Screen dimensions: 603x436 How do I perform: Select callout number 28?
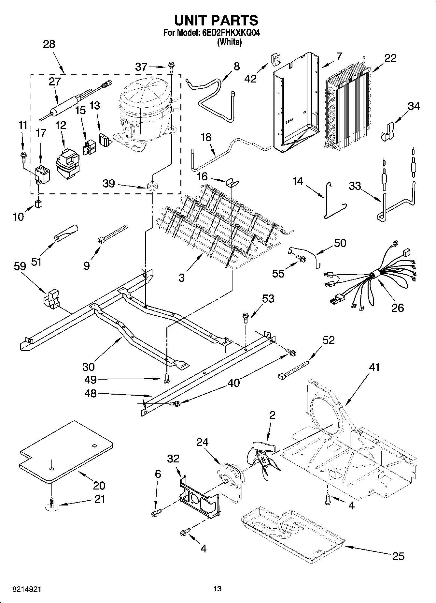click(x=49, y=44)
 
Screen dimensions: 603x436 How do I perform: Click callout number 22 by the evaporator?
click(x=390, y=58)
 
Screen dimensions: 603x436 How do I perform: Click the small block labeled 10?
click(x=38, y=204)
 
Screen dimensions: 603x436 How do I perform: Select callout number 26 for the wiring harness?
click(x=398, y=308)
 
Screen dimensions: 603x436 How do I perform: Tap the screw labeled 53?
click(x=246, y=317)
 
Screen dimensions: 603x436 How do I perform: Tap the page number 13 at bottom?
click(x=217, y=589)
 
